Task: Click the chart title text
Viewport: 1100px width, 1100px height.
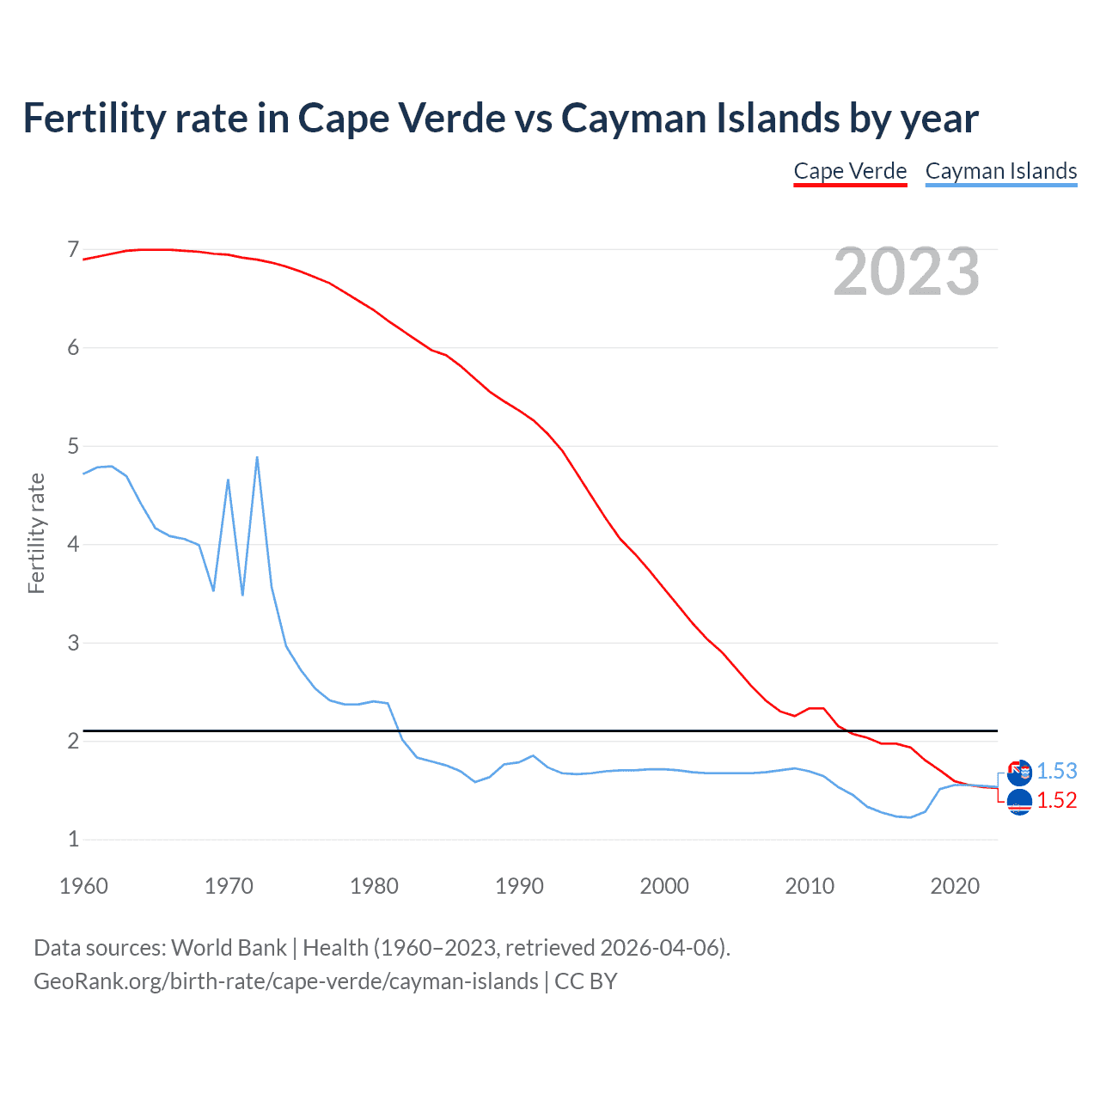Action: (500, 119)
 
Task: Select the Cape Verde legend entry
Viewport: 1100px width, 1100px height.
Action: (850, 171)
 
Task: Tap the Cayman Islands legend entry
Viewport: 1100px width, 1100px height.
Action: (1000, 171)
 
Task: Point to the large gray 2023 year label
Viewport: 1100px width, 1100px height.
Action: (906, 272)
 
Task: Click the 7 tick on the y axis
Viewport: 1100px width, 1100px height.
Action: (73, 250)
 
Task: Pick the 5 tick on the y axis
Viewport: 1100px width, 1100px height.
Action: (73, 446)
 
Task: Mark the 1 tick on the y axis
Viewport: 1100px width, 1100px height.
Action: (73, 839)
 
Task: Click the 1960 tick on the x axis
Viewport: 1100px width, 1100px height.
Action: (83, 886)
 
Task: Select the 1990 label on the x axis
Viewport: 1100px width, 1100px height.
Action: (519, 886)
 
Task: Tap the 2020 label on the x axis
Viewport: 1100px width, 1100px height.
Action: (954, 886)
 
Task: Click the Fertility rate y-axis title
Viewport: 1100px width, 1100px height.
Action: (36, 533)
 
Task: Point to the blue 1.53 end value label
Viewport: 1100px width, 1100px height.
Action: (1056, 771)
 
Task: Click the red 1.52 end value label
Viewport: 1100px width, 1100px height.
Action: (1056, 800)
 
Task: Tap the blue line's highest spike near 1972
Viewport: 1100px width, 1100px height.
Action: (257, 458)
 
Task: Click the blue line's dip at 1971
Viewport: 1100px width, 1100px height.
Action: (242, 594)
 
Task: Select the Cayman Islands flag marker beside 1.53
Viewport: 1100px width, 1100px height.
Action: (1019, 773)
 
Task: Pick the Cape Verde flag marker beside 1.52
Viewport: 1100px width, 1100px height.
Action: (1019, 803)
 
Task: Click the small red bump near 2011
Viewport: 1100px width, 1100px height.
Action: (816, 708)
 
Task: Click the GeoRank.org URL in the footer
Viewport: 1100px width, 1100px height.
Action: (285, 981)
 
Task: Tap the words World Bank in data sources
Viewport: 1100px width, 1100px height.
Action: (229, 948)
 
